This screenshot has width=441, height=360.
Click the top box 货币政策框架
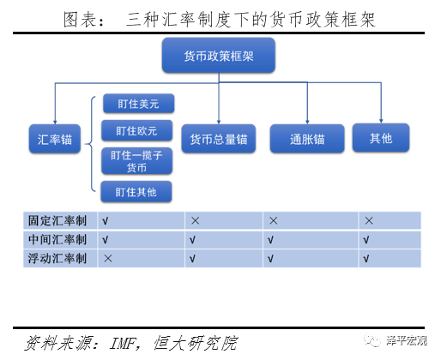(x=219, y=55)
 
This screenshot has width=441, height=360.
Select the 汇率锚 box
(x=55, y=139)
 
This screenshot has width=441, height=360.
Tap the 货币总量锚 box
(x=219, y=139)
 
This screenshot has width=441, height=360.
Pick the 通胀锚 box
(x=307, y=139)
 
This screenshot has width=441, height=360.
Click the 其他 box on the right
(x=381, y=138)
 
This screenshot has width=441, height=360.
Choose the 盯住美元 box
(x=138, y=104)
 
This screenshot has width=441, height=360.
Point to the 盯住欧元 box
(x=137, y=130)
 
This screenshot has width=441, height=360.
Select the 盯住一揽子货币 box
(x=137, y=161)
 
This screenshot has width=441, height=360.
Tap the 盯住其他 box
(x=136, y=192)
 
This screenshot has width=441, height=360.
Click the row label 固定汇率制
(x=57, y=220)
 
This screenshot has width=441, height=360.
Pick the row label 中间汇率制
(x=57, y=239)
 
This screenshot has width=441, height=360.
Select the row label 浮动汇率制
(x=57, y=258)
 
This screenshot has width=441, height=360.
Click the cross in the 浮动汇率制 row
(x=108, y=259)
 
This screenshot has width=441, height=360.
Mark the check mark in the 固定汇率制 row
(x=105, y=221)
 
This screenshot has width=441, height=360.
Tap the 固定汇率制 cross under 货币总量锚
(x=195, y=220)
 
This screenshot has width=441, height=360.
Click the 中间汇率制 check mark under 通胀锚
(x=270, y=240)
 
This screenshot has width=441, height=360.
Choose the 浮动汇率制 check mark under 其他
(x=366, y=259)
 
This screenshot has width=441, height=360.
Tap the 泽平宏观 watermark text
(x=407, y=340)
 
